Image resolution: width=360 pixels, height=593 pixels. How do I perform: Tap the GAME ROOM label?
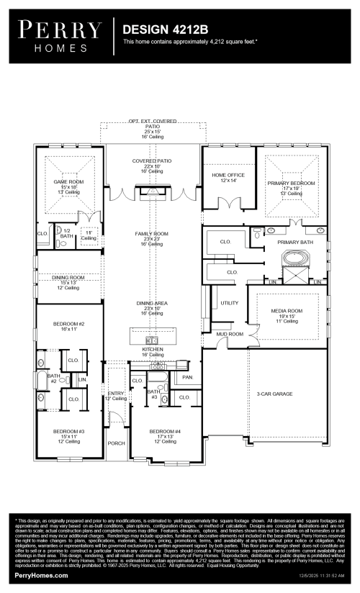pyautogui.click(x=69, y=183)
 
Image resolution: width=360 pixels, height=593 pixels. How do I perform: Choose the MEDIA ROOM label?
pyautogui.click(x=286, y=310)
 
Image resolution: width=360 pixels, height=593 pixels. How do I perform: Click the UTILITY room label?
pyautogui.click(x=229, y=302)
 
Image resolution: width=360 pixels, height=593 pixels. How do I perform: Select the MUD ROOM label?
pyautogui.click(x=230, y=335)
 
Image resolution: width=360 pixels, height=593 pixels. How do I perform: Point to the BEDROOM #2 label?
pyautogui.click(x=69, y=325)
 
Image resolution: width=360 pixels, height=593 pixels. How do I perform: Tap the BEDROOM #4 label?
pyautogui.click(x=167, y=432)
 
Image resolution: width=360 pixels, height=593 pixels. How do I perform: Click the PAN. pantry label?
pyautogui.click(x=188, y=376)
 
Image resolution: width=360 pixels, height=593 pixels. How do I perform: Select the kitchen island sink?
pyautogui.click(x=152, y=340)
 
